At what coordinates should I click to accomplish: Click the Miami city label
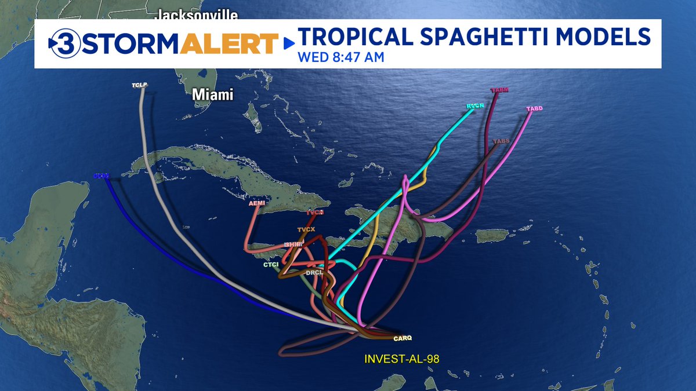[x=213, y=94]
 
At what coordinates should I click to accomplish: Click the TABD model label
[x=534, y=109]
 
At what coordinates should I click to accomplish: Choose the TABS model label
[x=501, y=141]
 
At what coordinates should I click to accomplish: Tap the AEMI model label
[x=256, y=204]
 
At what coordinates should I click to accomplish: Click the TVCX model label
[x=306, y=229]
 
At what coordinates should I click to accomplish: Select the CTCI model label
[x=271, y=265]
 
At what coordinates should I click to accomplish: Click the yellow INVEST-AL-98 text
[x=401, y=359]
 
